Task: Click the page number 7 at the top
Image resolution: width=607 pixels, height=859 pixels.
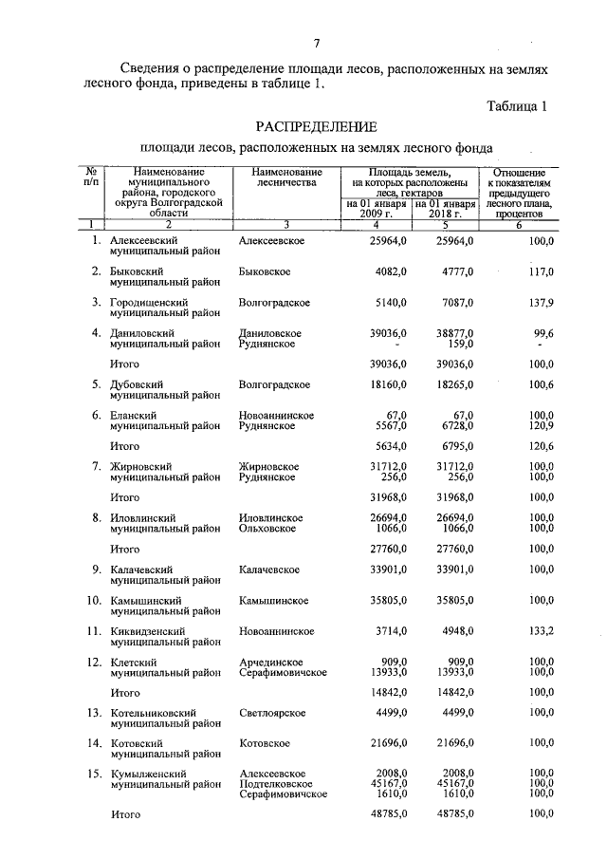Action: click(x=317, y=42)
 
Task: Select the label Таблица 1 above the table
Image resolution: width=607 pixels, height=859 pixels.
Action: click(x=518, y=106)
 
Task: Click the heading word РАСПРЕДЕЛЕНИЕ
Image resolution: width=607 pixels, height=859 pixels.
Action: click(x=316, y=127)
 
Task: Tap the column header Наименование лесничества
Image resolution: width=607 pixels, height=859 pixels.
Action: click(x=286, y=178)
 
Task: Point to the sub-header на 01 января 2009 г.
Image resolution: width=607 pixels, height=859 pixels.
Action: click(x=376, y=209)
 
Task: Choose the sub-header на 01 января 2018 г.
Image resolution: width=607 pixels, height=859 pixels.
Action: click(x=445, y=209)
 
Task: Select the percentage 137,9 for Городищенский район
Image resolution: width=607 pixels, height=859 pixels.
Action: click(x=541, y=303)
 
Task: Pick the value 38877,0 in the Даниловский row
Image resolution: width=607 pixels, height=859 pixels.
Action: click(x=453, y=333)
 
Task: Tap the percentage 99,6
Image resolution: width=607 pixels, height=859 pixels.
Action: click(x=543, y=333)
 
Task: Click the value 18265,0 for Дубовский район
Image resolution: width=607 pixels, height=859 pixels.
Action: click(x=453, y=384)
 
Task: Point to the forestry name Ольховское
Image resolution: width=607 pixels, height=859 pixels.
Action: click(x=271, y=528)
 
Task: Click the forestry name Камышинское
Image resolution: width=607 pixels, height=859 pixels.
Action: click(x=274, y=600)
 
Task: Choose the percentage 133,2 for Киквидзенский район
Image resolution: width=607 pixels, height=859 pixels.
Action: click(x=541, y=630)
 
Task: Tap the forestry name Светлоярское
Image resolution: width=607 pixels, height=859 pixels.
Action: click(x=274, y=712)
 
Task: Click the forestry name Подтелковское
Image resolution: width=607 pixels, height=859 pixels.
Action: click(x=277, y=784)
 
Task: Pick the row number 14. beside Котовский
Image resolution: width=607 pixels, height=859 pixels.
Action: click(x=94, y=743)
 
